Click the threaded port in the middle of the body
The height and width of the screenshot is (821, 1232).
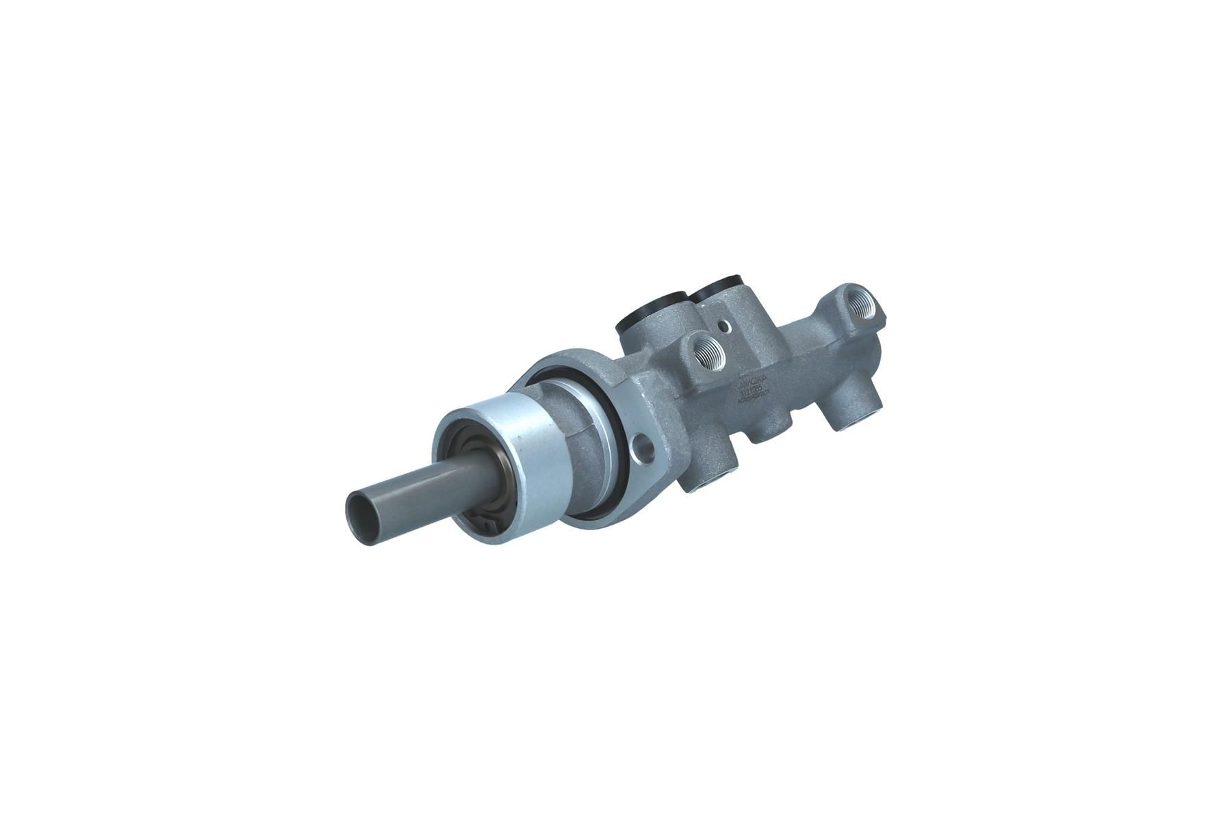[x=706, y=353]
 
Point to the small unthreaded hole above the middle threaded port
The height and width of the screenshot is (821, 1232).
[x=723, y=327]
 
